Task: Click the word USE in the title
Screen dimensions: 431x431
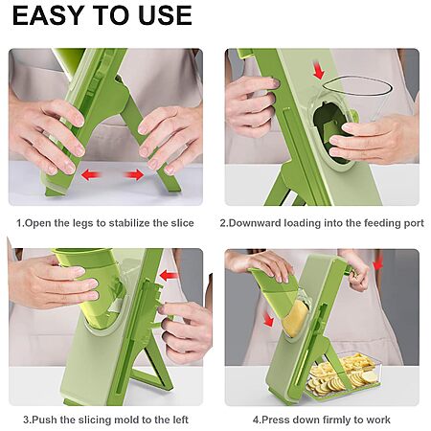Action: coord(165,15)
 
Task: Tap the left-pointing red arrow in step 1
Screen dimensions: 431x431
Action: coord(91,174)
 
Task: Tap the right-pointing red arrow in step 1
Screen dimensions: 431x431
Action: coord(134,174)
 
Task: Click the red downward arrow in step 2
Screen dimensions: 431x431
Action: coord(319,70)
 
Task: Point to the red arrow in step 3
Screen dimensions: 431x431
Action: coord(169,276)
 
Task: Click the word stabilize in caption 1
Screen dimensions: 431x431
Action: coord(129,222)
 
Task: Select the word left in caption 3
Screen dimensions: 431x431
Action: coord(181,420)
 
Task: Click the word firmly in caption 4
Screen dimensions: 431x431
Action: coord(335,420)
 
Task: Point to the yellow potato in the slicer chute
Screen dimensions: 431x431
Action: coord(295,319)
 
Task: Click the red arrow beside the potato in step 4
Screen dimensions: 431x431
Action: coord(268,318)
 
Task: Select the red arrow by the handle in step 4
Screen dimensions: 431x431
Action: coord(378,263)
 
